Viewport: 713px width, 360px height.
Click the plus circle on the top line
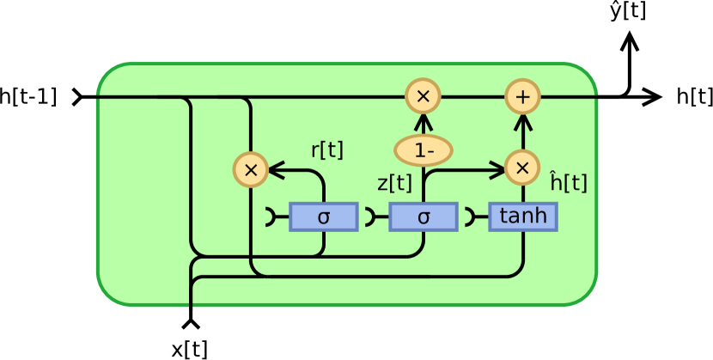coord(522,96)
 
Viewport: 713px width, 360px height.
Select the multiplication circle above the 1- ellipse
coord(423,96)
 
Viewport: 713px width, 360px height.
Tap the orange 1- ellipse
coord(423,150)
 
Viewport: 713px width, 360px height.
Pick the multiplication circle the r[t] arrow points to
coord(251,169)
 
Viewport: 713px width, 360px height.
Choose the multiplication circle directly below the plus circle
coord(522,168)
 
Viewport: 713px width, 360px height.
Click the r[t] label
coord(326,150)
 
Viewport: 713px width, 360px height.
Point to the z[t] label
coord(394,183)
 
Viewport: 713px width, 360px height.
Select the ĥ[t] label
coord(569,182)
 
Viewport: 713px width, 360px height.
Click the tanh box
coord(523,217)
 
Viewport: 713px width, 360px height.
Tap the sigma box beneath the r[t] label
coord(323,217)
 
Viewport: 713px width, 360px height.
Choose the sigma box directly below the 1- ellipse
coord(423,217)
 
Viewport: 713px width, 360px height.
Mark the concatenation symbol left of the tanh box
coord(471,217)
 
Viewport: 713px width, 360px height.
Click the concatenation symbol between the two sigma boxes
coord(370,217)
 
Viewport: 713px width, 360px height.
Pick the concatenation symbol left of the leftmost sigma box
coord(271,217)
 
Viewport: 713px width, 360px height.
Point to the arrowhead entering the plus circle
coord(522,120)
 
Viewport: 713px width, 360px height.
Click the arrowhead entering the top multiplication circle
coord(423,120)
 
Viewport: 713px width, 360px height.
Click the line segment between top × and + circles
coord(472,96)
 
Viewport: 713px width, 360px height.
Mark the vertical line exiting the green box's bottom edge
coord(191,296)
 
